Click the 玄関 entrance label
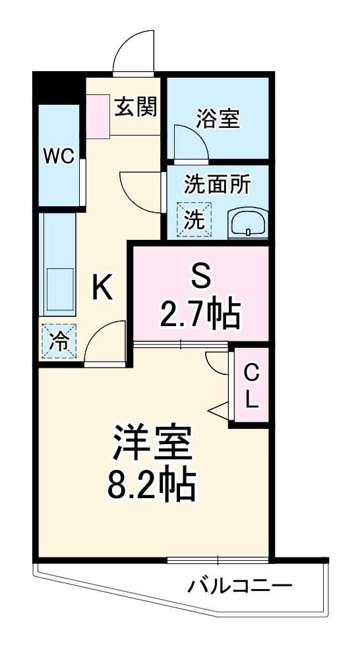(x=136, y=107)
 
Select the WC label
(x=58, y=156)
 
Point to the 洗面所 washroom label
(x=217, y=185)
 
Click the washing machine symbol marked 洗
(x=195, y=220)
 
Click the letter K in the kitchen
(x=102, y=287)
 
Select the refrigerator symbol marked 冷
(x=59, y=341)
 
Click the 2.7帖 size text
(x=200, y=314)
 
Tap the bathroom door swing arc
(x=190, y=141)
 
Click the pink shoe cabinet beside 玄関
(x=98, y=116)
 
